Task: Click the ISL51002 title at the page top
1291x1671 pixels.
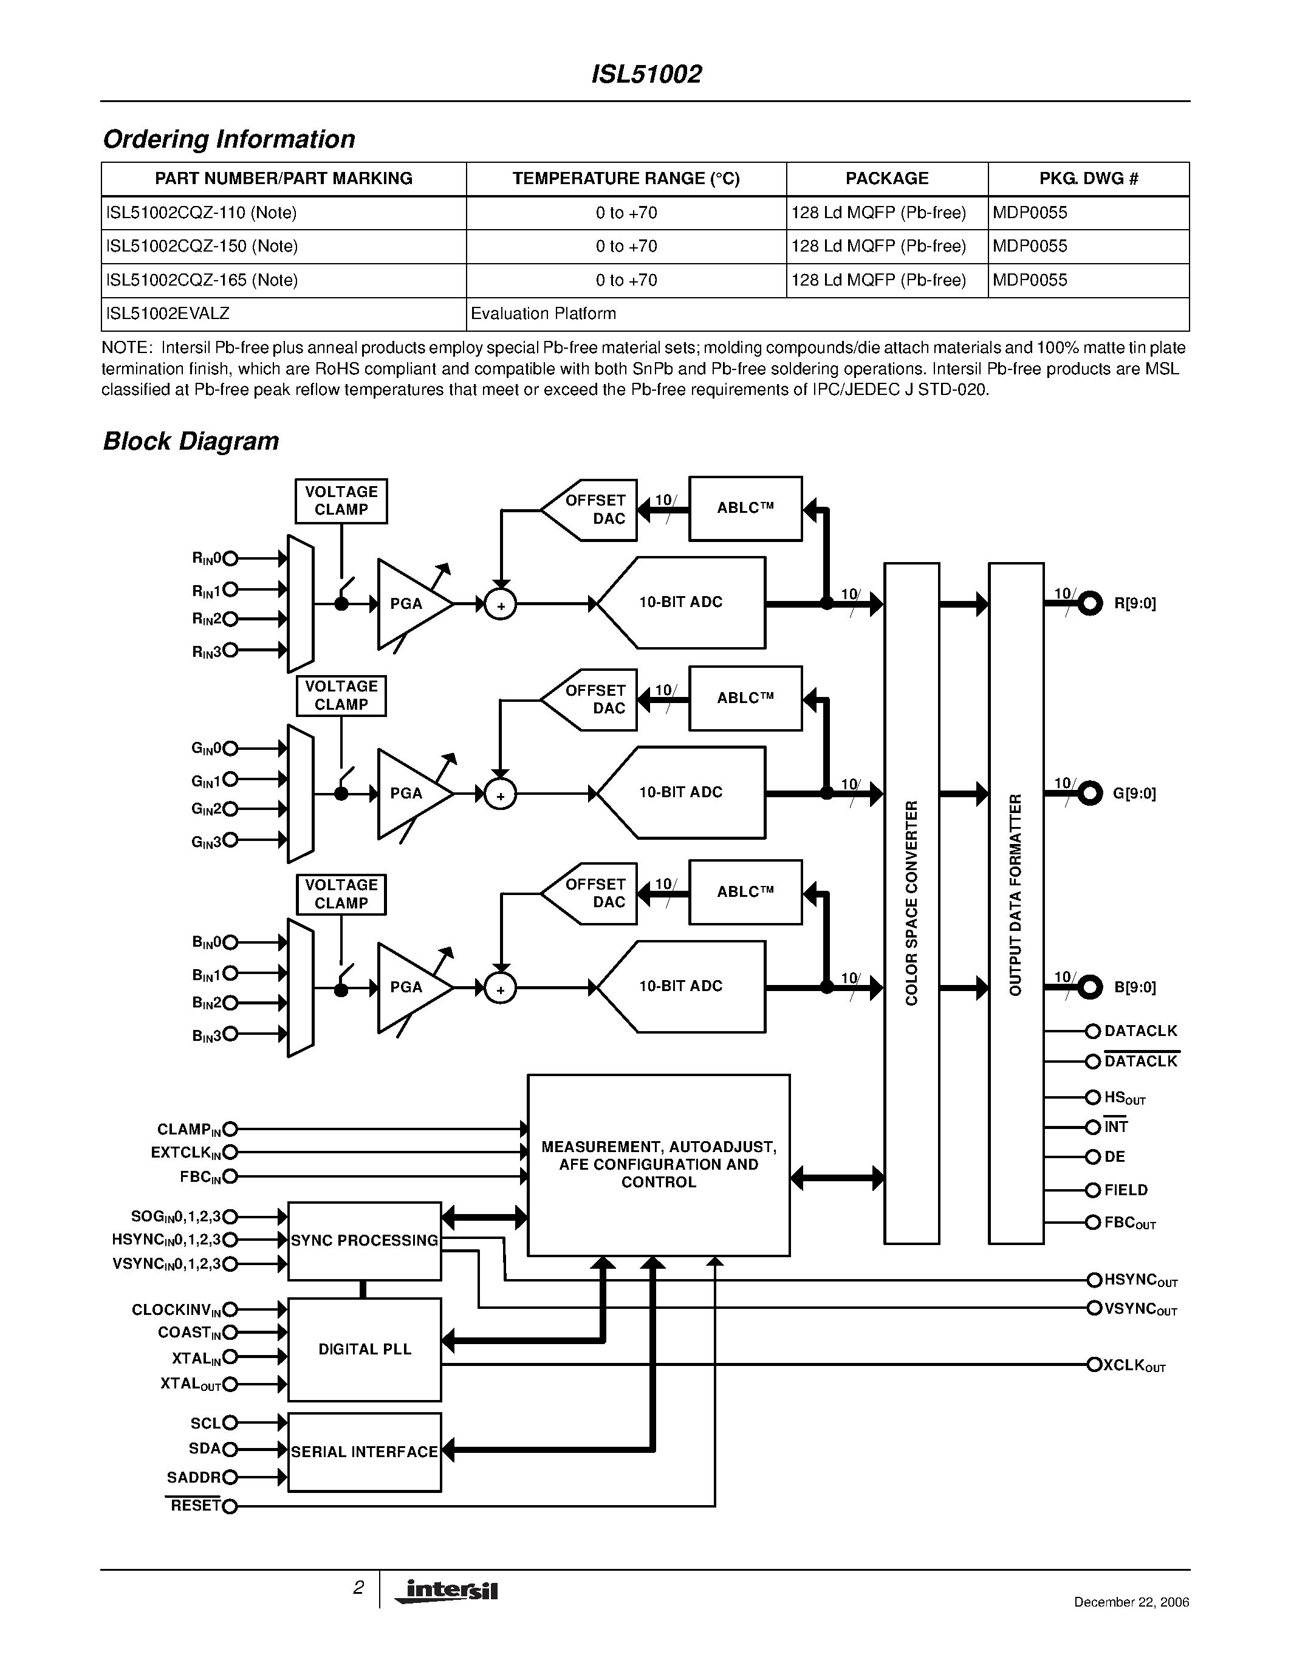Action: [646, 74]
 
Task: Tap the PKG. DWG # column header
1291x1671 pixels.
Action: [1088, 179]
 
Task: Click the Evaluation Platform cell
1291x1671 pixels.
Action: [543, 314]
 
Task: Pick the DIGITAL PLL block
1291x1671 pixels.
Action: [364, 1349]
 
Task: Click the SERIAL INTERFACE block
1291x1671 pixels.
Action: [364, 1452]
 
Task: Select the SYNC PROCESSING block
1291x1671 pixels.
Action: [364, 1240]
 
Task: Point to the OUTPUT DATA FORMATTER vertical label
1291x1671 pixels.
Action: [1016, 895]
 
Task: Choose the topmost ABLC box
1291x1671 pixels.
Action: [745, 508]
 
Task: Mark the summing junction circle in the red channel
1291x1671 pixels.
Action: [501, 605]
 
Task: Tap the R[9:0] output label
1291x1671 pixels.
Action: [1134, 603]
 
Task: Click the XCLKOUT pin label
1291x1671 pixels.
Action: [1134, 1366]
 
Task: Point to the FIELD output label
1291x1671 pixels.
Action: [1126, 1190]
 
